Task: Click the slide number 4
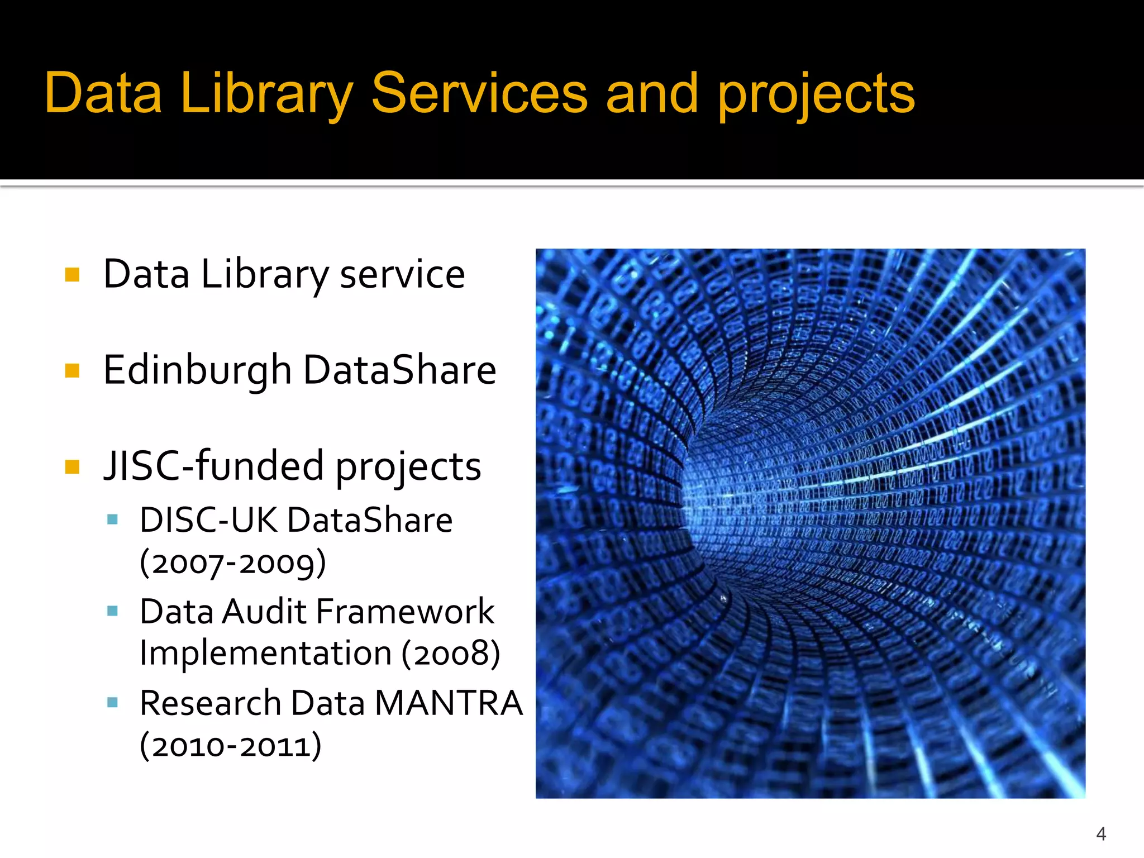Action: pos(1101,833)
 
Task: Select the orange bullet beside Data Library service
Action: pos(73,274)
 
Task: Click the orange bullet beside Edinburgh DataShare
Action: pos(73,370)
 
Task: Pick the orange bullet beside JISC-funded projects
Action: pos(73,466)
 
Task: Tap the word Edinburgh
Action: pos(197,371)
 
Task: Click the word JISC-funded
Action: pos(213,466)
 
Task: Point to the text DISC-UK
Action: pos(208,520)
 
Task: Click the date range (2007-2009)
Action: pos(232,563)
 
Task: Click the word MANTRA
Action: pos(449,703)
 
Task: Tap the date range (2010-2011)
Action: pos(230,745)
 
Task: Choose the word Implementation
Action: pos(265,653)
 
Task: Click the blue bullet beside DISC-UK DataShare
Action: pos(112,520)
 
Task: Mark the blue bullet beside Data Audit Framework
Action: pos(112,611)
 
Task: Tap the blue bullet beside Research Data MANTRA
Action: pos(112,703)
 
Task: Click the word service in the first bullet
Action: pos(402,274)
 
